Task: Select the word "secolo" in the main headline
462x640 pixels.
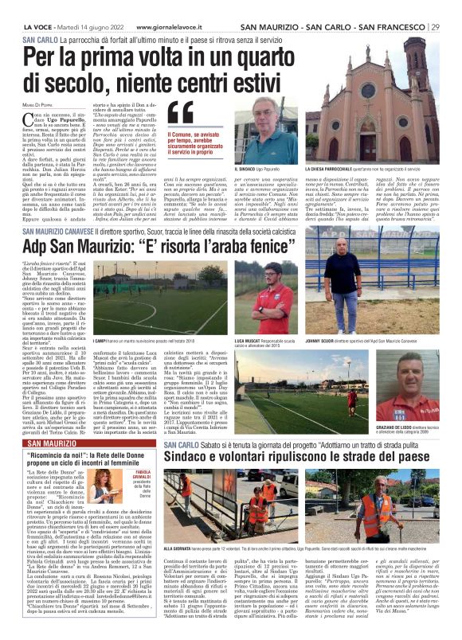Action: (58, 79)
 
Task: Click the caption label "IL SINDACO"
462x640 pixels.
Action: (245, 170)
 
